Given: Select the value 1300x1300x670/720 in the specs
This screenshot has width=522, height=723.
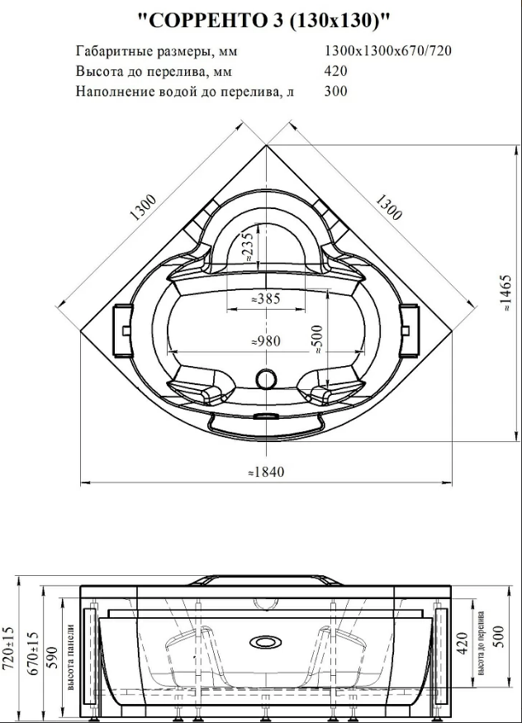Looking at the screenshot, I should (388, 50).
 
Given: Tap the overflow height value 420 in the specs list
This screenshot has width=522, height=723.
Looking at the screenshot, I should (336, 71).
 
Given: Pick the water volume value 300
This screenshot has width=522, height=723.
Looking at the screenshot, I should (336, 91).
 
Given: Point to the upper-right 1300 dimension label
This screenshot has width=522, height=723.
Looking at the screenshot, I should (387, 207).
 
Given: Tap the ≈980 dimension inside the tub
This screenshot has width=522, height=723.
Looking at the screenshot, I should (265, 340).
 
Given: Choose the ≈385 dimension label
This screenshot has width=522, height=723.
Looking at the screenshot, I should (265, 299).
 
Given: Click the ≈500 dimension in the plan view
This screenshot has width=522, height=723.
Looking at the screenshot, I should (316, 338).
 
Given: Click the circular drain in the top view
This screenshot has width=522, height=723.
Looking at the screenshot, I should (266, 378).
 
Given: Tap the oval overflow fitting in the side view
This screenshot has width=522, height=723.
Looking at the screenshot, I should (265, 640).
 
